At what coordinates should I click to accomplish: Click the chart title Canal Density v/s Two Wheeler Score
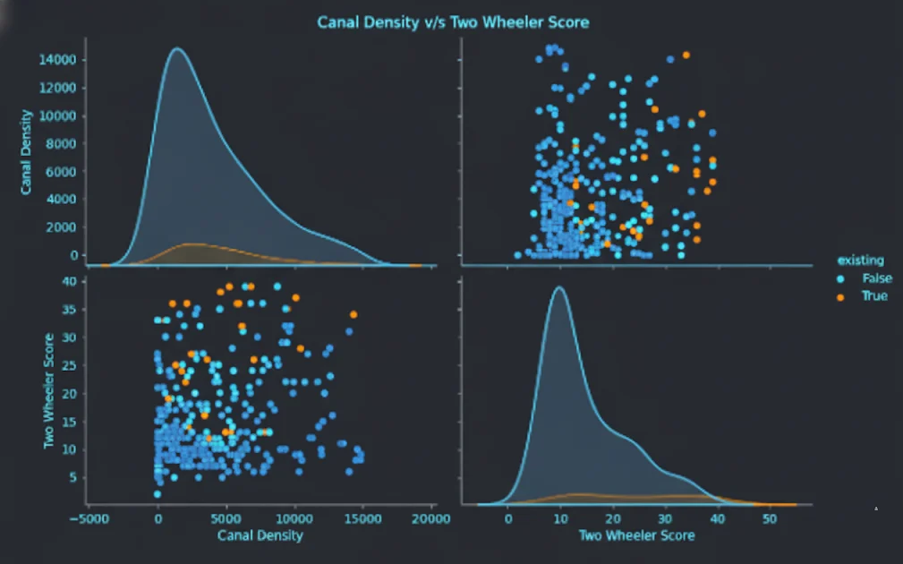453,21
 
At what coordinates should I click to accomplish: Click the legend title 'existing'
859,260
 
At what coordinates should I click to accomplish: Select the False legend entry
876,278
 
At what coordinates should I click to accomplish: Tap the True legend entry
873,295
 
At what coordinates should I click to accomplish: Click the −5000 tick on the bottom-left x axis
89,518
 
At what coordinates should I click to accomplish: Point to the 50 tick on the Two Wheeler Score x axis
770,518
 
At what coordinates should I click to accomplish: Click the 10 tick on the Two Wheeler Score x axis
560,518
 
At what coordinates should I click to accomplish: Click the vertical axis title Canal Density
27,152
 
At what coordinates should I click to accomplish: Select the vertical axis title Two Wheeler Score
50,390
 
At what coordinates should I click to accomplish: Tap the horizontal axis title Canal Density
260,535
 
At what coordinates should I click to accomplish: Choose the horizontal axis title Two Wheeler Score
636,535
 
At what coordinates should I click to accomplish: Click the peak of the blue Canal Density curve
176,48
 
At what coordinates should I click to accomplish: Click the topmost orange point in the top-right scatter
686,55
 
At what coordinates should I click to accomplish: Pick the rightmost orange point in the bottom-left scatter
354,314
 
